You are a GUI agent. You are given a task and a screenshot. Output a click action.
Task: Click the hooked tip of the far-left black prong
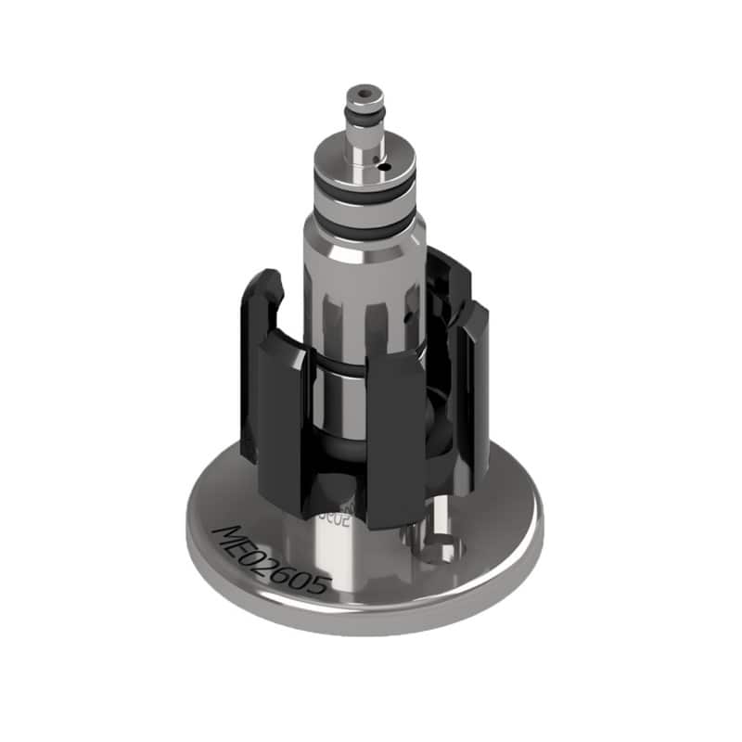coord(267,278)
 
